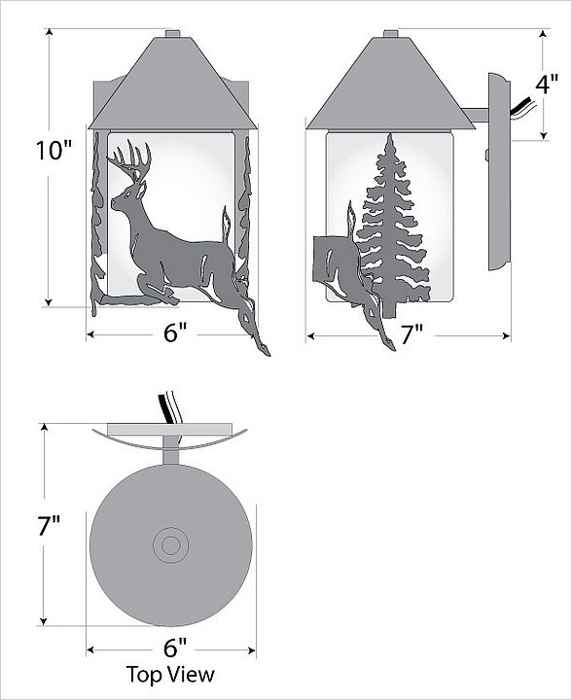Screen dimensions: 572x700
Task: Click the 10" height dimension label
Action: (x=54, y=151)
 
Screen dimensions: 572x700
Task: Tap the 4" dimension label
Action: (x=547, y=85)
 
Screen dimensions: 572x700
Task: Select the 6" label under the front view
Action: (x=174, y=333)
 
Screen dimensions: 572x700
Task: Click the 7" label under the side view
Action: (x=411, y=334)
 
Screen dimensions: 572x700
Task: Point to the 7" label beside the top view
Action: (x=49, y=525)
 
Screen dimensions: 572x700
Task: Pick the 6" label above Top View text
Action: (x=174, y=648)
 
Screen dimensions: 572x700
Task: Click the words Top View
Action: (x=170, y=675)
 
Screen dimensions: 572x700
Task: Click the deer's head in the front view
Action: (x=128, y=196)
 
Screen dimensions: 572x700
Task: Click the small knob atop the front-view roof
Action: (x=172, y=33)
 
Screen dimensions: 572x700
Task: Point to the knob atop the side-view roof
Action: (x=391, y=33)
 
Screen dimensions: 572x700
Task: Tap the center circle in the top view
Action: (x=170, y=545)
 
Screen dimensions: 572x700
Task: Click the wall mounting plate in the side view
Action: (x=499, y=172)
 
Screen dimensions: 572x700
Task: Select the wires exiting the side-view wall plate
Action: (x=522, y=110)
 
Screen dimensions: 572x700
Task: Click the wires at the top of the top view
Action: (x=168, y=407)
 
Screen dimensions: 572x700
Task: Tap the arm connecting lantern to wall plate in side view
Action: (x=475, y=115)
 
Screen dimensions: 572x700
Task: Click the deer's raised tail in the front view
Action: (x=227, y=226)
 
